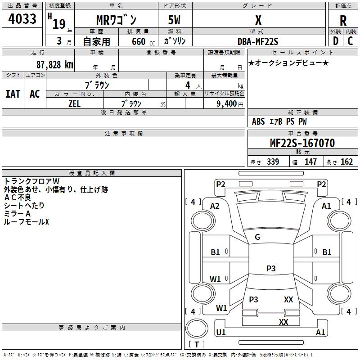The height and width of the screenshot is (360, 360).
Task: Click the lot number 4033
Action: click(22, 19)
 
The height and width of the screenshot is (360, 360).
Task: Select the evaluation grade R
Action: click(343, 21)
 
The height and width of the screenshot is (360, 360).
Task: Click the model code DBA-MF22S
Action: click(258, 41)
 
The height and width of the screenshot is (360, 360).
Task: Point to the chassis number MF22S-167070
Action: click(302, 143)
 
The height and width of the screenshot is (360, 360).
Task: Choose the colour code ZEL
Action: click(75, 103)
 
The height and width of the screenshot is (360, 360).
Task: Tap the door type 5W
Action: click(175, 20)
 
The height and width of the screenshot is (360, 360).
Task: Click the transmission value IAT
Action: click(13, 94)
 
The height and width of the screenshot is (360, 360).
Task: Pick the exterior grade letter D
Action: click(336, 41)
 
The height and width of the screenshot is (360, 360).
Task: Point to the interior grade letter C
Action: click(351, 41)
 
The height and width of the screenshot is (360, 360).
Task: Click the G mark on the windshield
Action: click(257, 237)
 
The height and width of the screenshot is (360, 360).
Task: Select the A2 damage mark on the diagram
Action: click(215, 206)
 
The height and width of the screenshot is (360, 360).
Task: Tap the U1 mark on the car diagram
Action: click(221, 333)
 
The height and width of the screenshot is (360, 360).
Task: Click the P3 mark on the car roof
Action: click(270, 268)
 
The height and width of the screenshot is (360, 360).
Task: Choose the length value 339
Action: click(273, 162)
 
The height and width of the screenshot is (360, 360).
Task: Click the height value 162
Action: click(346, 162)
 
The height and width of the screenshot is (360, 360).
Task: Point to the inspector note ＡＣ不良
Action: click(18, 198)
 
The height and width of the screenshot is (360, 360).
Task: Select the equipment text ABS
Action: click(258, 121)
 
